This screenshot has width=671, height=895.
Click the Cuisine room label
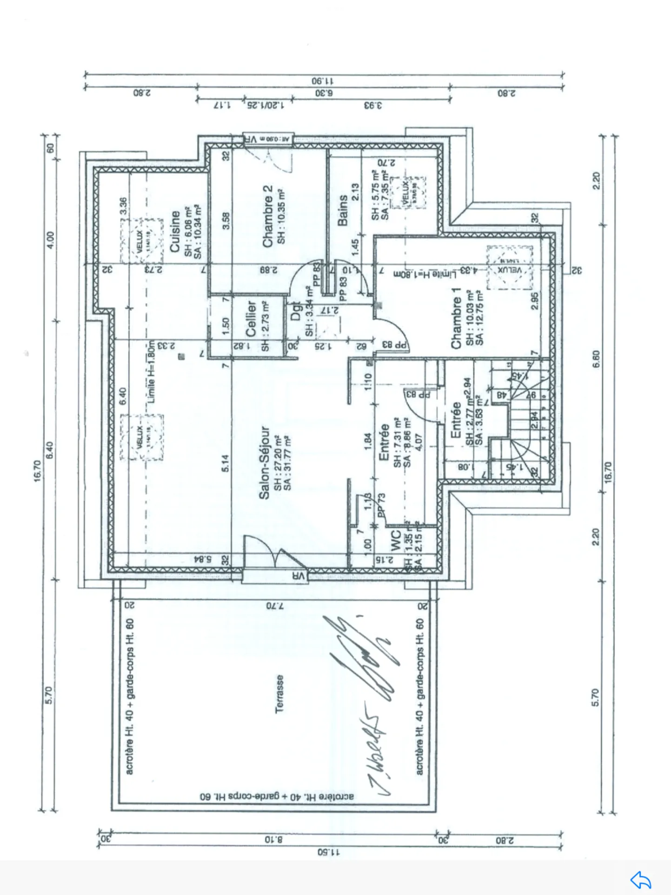175,232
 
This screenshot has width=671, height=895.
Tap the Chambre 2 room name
267,216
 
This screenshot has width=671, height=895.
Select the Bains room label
343,210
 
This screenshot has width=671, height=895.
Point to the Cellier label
251,319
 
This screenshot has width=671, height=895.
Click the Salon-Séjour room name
264,463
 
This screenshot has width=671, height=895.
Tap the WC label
395,541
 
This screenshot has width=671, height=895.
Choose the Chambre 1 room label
456,318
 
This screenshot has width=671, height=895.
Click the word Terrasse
279,694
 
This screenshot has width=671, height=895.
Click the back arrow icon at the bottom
641,880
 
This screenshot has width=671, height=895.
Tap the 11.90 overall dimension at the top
323,80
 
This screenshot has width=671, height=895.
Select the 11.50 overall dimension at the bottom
328,853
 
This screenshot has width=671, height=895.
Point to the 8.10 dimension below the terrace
273,840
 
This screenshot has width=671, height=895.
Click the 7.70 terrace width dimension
275,606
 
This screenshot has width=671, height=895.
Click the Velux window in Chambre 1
510,268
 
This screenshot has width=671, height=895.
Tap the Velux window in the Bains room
408,192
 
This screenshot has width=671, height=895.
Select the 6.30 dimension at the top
324,93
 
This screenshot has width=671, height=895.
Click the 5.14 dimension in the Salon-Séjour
225,463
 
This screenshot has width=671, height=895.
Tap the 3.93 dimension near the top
373,106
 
